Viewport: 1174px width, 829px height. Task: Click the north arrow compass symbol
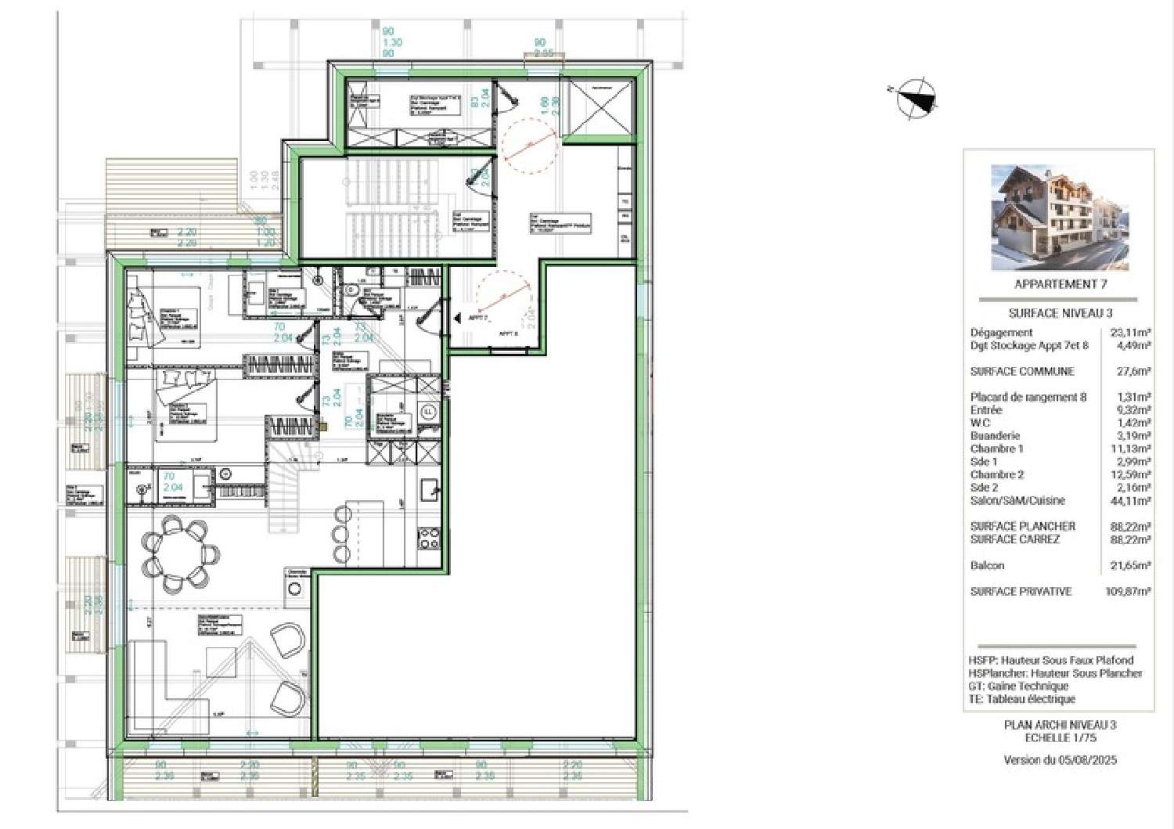pos(916,99)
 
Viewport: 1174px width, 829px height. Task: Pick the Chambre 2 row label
pos(996,474)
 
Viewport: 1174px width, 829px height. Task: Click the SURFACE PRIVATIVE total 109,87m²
pos(1127,592)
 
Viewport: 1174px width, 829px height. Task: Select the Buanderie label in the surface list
pos(995,435)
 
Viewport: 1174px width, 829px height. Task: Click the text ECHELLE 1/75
pos(1061,737)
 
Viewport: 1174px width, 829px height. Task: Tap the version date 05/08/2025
pos(1088,759)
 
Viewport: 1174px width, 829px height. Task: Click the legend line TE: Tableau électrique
pos(1021,699)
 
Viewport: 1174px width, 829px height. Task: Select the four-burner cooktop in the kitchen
pos(430,539)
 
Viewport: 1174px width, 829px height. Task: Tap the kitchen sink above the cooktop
pos(429,490)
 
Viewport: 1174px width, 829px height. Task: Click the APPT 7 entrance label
pos(478,318)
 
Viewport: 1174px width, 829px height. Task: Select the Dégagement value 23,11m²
pos(1130,332)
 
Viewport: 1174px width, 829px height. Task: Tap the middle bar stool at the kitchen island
pos(341,534)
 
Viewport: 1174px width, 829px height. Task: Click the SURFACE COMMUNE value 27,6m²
pos(1133,372)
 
